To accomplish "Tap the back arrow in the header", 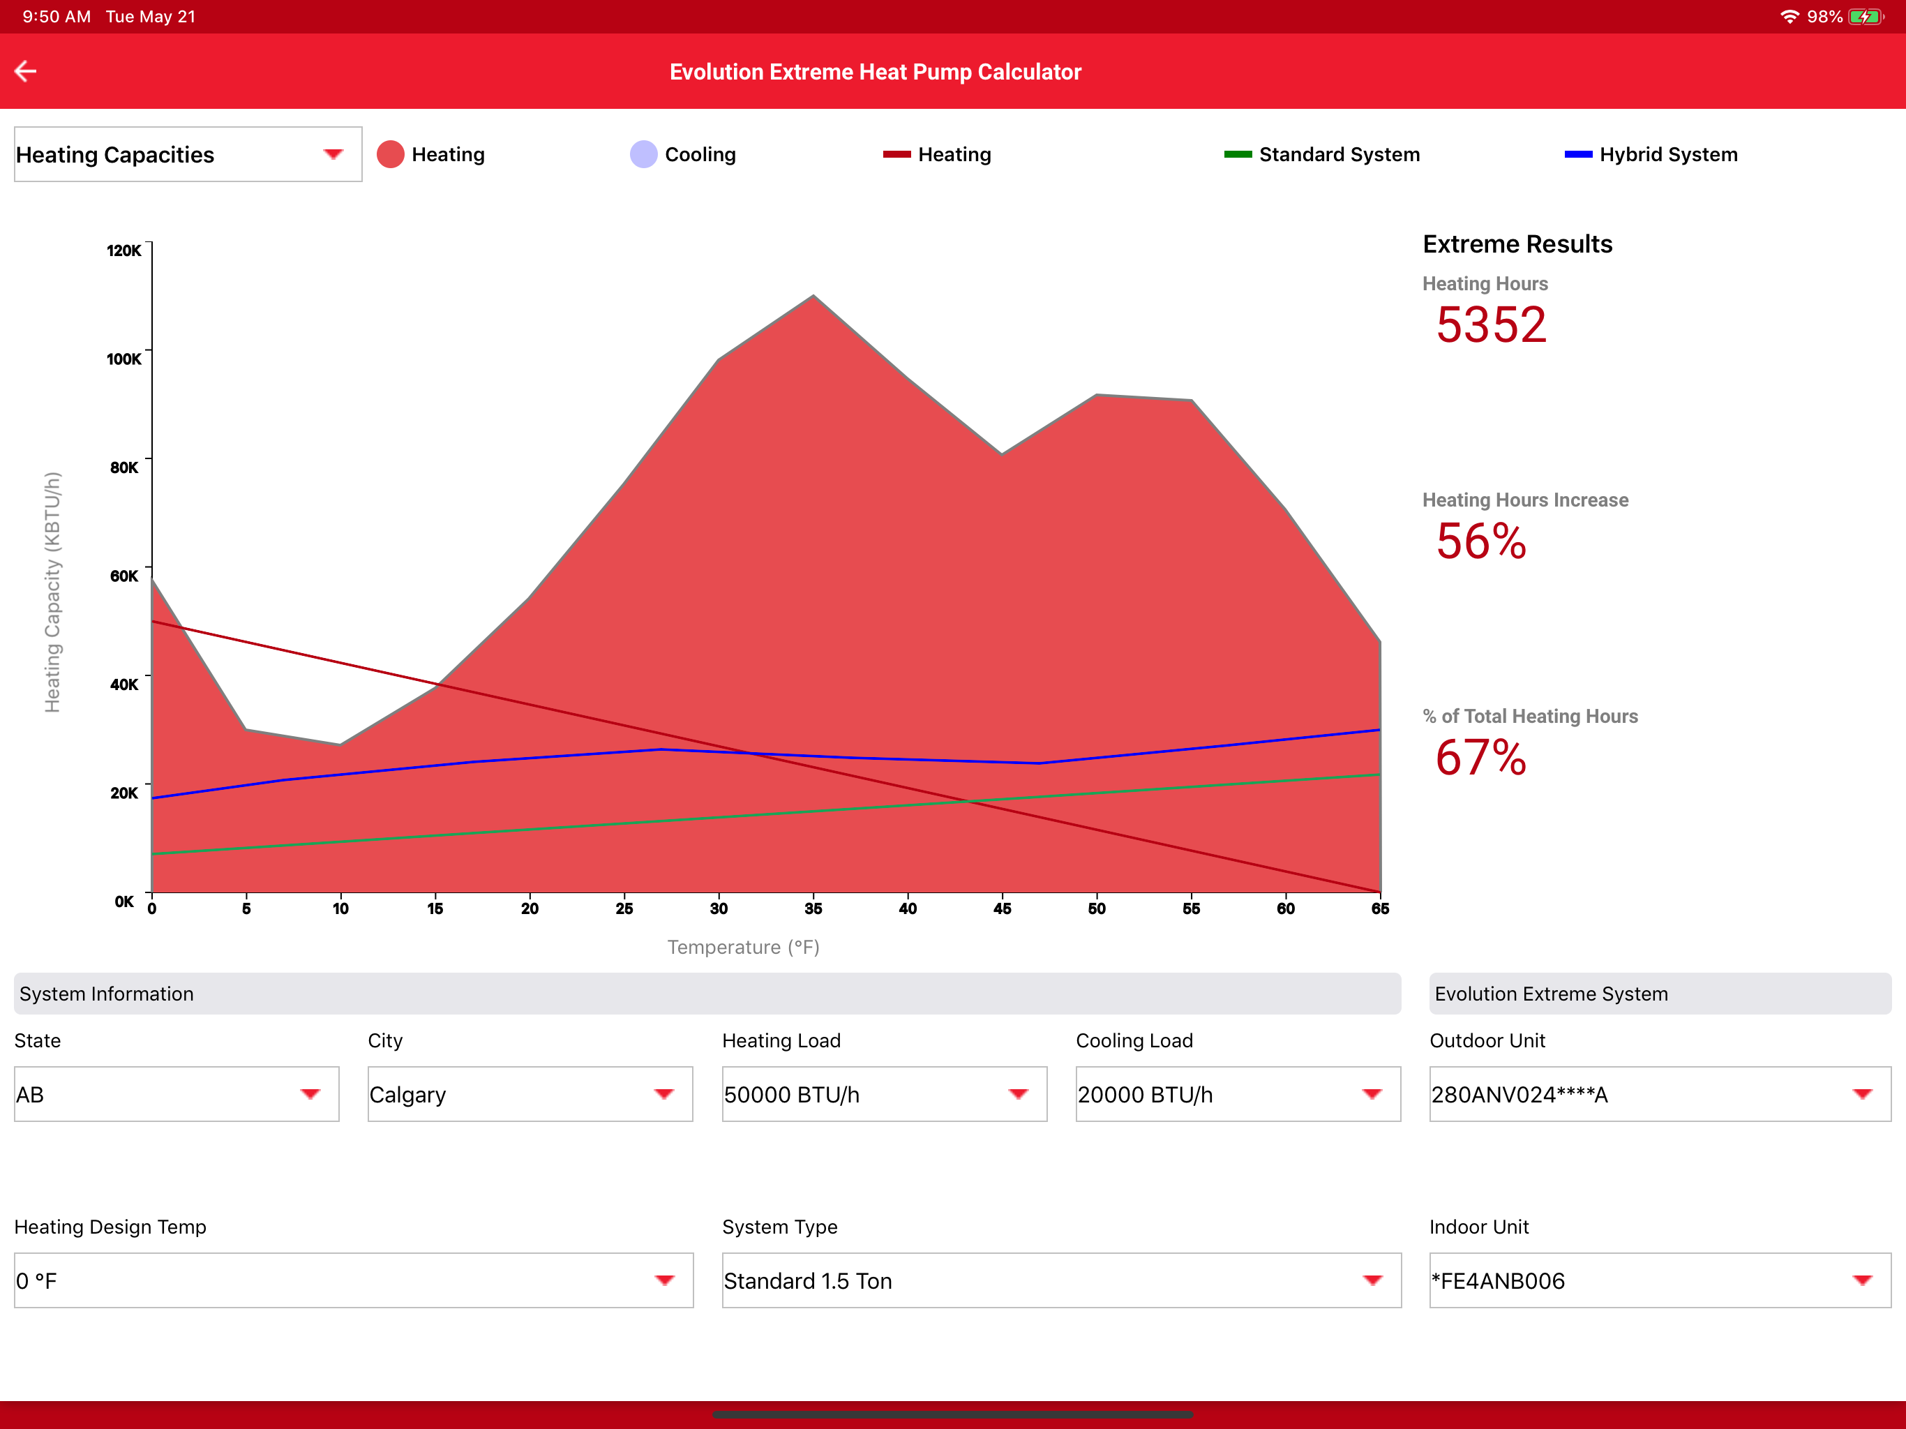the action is tap(26, 72).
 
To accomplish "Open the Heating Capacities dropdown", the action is tap(188, 154).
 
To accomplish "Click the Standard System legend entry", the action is tap(1322, 154).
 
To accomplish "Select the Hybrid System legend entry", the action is tap(1651, 154).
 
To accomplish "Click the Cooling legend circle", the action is tap(644, 154).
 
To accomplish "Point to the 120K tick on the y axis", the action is tap(124, 250).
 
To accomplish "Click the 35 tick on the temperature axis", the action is tap(813, 908).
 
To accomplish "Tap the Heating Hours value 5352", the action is tap(1492, 325).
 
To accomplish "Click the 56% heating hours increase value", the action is tap(1481, 541).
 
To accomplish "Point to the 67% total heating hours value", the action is tap(1481, 758).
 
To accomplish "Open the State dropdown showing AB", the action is tap(177, 1095).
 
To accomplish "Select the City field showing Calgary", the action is tap(530, 1095).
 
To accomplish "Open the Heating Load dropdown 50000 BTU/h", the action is tap(884, 1095).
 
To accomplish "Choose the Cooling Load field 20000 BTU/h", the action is tap(1238, 1095).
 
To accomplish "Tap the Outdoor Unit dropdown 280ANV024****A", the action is tap(1660, 1095).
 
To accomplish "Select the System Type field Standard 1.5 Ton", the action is tap(1062, 1281).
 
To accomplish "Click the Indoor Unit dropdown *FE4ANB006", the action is tap(1660, 1281).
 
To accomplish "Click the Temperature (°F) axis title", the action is tap(744, 948).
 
